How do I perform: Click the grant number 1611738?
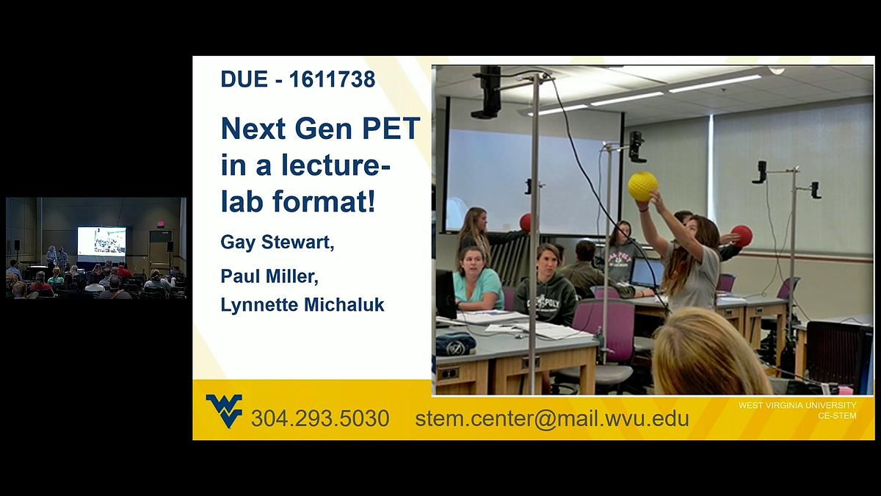point(332,79)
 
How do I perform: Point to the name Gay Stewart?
point(277,242)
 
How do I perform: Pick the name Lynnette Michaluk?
point(302,305)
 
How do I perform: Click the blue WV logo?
point(224,411)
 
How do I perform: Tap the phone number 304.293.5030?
point(320,419)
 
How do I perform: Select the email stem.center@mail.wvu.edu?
point(551,419)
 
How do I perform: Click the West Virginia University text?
point(797,406)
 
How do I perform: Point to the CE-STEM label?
point(837,416)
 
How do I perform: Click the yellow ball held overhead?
point(642,186)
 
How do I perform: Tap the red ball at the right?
point(742,236)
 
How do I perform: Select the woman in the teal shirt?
point(476,280)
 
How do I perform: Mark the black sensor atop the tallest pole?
point(487,91)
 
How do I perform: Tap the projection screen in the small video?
point(101,240)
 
